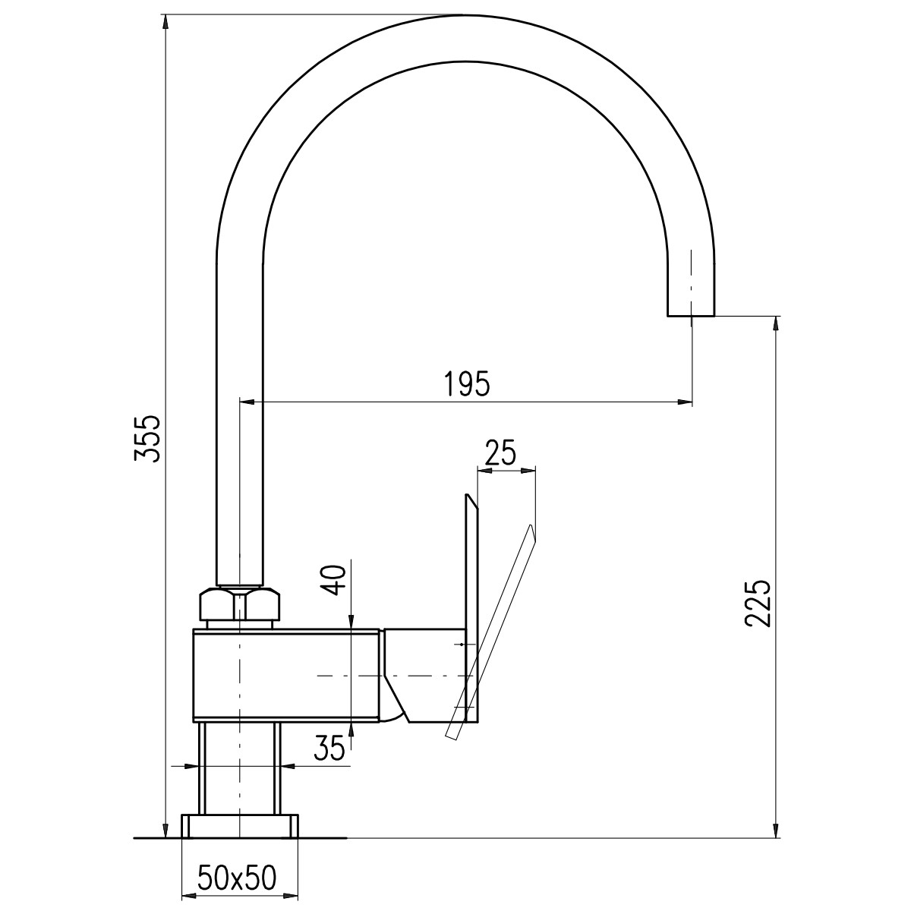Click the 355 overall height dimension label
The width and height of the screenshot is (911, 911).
coord(147,439)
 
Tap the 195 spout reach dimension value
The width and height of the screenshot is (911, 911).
coord(467,383)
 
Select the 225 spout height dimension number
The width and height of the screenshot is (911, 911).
coord(758,604)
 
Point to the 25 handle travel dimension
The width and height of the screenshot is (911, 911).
coord(500,453)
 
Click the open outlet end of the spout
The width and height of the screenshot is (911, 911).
coord(691,315)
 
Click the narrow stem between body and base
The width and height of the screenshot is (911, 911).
coord(240,775)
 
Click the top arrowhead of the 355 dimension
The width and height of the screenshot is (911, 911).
coord(165,22)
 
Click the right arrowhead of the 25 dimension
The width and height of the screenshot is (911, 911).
coord(528,471)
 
